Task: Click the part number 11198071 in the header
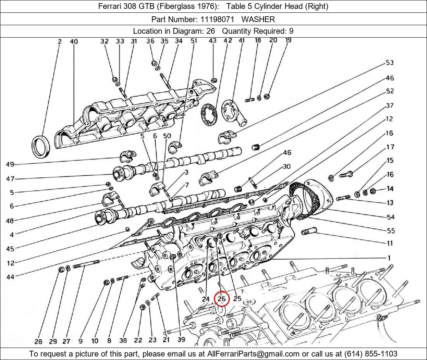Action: coord(217,19)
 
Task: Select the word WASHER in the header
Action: coord(258,19)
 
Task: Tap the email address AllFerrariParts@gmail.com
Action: coord(253,354)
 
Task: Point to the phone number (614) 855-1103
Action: coord(371,354)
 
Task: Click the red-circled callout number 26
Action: coord(222,299)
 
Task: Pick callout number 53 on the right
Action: coord(390,62)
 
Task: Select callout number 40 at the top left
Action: coord(74,42)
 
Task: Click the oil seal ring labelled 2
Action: coord(41,146)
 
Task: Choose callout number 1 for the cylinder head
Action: coord(389,258)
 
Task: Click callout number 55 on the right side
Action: coord(391,231)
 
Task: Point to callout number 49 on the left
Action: coord(10,164)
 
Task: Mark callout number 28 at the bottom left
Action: coord(38,341)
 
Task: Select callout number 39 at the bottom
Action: coord(181,339)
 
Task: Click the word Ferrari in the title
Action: coord(110,6)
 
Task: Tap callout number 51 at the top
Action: coord(194,41)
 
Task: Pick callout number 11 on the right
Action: coord(390,243)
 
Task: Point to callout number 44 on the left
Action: coord(10,277)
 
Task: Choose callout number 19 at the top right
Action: coord(288,40)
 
